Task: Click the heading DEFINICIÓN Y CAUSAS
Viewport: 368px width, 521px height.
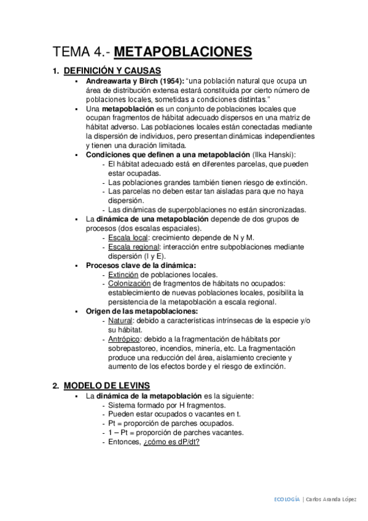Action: coord(112,70)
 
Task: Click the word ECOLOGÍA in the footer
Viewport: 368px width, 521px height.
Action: coord(287,499)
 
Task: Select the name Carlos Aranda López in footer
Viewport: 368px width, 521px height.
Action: coord(329,499)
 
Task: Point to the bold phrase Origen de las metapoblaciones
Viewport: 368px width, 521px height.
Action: coord(141,311)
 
